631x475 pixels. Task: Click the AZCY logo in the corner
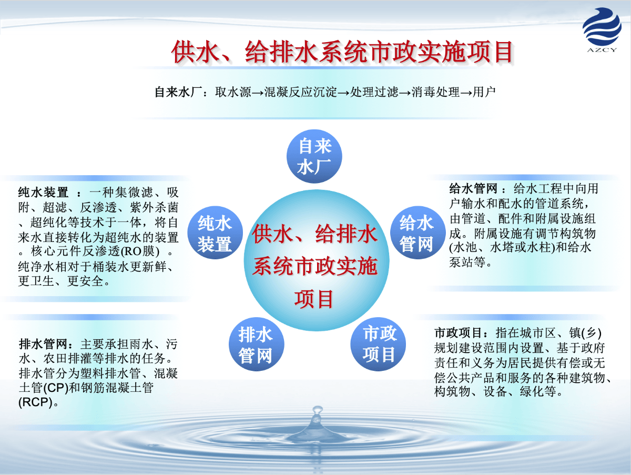point(602,30)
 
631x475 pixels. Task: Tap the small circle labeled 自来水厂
point(314,156)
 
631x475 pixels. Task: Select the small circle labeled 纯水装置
point(215,233)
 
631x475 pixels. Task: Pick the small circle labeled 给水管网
point(418,233)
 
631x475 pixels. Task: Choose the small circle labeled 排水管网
point(257,344)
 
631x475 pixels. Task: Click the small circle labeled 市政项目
point(378,344)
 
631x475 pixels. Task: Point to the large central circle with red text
point(316,260)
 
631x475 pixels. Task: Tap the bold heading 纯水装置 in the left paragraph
point(43,192)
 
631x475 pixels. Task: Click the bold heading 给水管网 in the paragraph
point(473,189)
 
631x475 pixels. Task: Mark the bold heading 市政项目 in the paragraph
point(458,333)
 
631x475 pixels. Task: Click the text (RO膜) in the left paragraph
point(140,251)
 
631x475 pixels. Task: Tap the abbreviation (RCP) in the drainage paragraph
point(35,402)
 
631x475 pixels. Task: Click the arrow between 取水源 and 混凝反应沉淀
point(258,93)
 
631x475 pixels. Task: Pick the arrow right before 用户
point(466,93)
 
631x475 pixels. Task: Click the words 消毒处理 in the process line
point(435,92)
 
